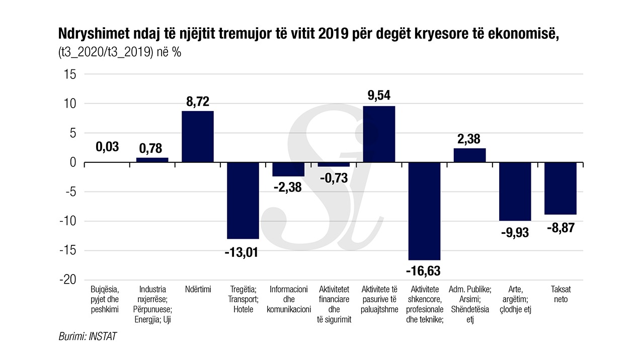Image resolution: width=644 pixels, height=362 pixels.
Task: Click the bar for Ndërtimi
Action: (x=197, y=137)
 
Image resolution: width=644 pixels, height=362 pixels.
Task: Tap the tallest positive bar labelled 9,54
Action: (x=379, y=134)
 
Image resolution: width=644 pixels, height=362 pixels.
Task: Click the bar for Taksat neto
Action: (x=560, y=188)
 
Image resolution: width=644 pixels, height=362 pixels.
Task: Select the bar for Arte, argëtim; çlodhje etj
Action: (x=515, y=192)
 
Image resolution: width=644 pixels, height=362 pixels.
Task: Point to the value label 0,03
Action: (x=107, y=147)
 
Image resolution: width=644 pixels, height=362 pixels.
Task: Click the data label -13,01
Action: (x=241, y=252)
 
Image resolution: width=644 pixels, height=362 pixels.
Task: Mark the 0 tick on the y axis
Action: (x=73, y=162)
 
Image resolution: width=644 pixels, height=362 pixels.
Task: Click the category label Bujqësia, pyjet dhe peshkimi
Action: (x=105, y=299)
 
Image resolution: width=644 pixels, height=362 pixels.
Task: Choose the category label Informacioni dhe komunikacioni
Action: (x=288, y=299)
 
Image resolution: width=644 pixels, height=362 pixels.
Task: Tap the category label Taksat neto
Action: (x=560, y=295)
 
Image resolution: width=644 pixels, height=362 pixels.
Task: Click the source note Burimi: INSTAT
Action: (x=88, y=336)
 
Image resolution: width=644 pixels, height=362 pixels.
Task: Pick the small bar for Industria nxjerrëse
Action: (x=152, y=160)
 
